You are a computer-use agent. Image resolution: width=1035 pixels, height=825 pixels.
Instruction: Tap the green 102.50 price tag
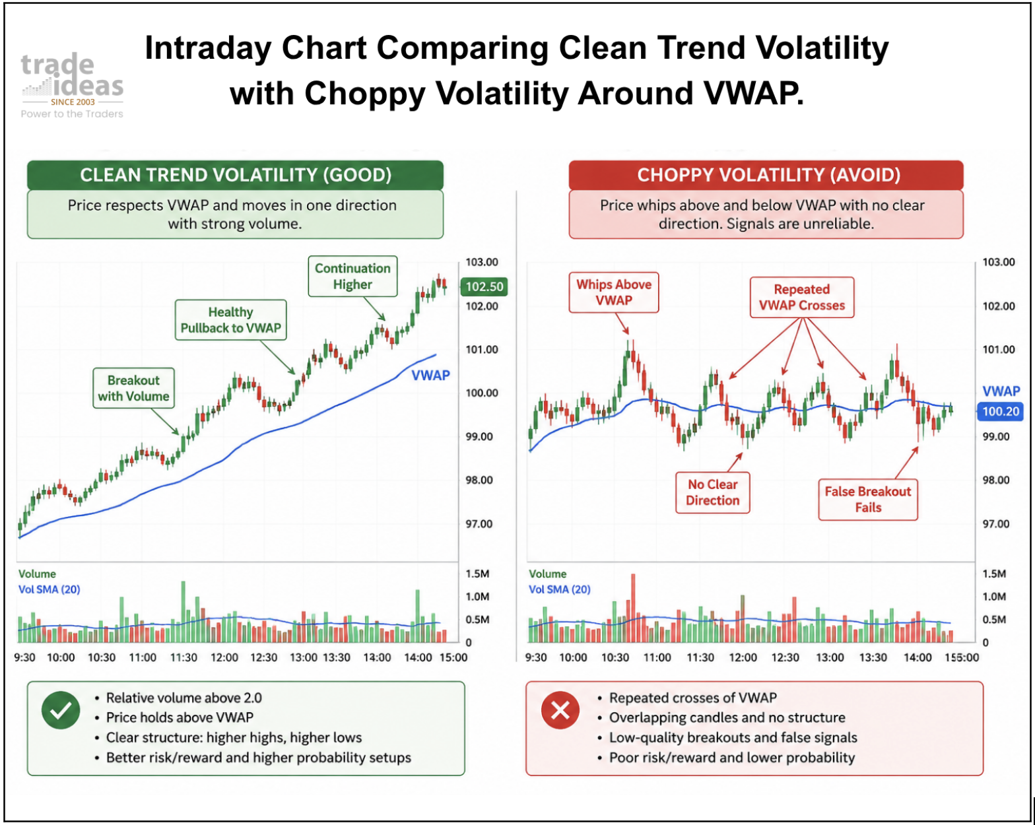tap(484, 286)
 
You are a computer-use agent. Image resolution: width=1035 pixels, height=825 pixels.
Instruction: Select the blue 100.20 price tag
tap(1000, 411)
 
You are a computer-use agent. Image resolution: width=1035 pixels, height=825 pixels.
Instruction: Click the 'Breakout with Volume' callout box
tap(133, 388)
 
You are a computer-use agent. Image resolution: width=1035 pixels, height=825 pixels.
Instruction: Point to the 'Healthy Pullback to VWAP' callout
tap(231, 320)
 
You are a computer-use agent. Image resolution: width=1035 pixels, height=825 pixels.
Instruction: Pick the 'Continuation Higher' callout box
tap(352, 276)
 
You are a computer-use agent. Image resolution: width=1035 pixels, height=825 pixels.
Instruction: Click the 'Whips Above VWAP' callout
tap(614, 292)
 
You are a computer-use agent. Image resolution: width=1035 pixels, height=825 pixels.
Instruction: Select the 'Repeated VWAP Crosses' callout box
tap(802, 297)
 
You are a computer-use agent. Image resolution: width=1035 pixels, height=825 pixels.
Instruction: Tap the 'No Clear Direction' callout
tap(712, 492)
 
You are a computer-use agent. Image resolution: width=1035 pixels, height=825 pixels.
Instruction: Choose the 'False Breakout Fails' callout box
tap(868, 500)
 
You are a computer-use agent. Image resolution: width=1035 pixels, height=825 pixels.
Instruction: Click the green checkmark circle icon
tap(61, 710)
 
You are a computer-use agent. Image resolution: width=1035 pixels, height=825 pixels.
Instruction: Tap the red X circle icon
tap(560, 710)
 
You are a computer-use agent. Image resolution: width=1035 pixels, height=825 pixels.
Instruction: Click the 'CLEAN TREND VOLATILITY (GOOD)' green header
tap(235, 175)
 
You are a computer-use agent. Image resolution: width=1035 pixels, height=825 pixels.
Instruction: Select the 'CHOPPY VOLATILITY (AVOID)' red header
tap(766, 175)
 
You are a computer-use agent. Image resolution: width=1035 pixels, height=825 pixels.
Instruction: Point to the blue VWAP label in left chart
tap(430, 376)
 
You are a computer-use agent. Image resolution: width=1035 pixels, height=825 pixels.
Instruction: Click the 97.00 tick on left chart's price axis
tap(479, 523)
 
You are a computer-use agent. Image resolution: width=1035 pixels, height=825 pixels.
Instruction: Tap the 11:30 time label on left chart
tap(184, 657)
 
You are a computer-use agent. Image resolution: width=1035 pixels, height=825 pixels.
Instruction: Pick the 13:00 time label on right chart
tap(830, 657)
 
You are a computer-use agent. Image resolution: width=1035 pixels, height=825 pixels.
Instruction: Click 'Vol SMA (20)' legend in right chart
tap(559, 589)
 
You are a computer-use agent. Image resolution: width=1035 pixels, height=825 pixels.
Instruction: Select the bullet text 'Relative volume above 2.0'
tap(184, 698)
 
